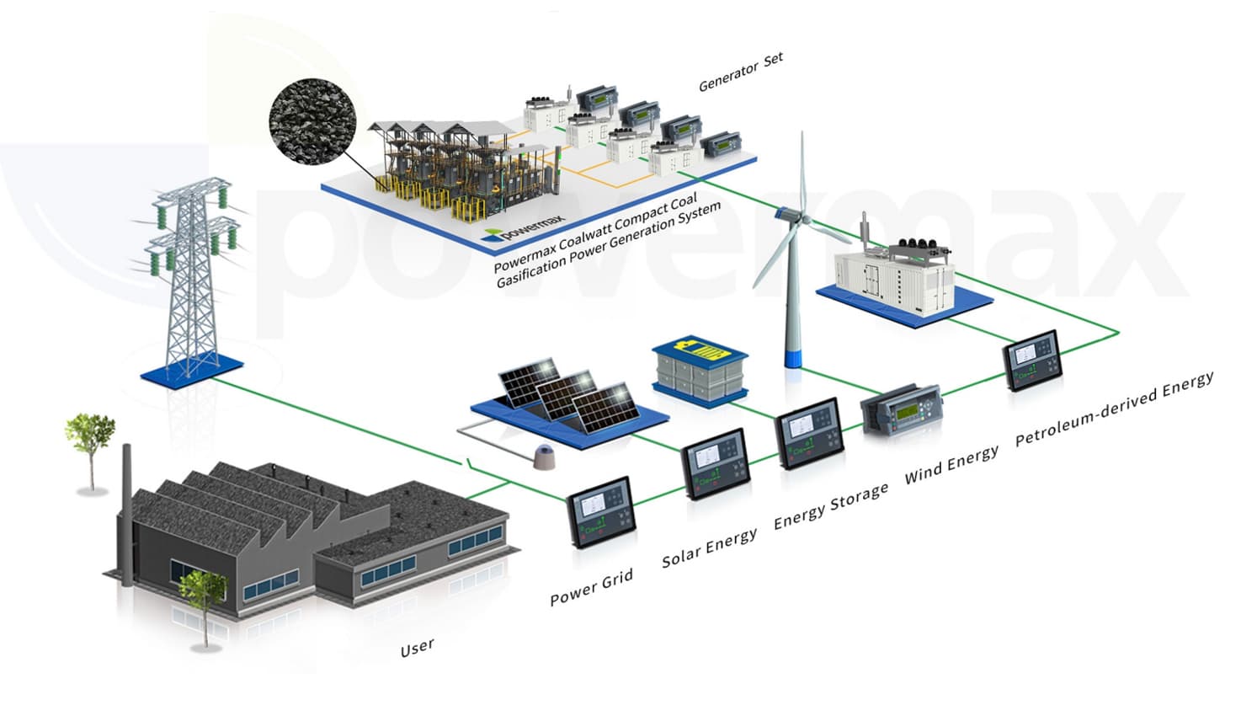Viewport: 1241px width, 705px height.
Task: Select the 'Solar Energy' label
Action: point(709,547)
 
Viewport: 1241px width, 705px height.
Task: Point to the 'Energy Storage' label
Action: point(831,505)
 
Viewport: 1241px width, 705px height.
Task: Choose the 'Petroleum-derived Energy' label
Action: point(1113,409)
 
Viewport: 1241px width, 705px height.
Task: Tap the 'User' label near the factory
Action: point(418,647)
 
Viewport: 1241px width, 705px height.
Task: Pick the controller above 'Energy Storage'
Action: point(809,432)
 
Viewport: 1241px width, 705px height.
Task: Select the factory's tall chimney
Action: point(127,514)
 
